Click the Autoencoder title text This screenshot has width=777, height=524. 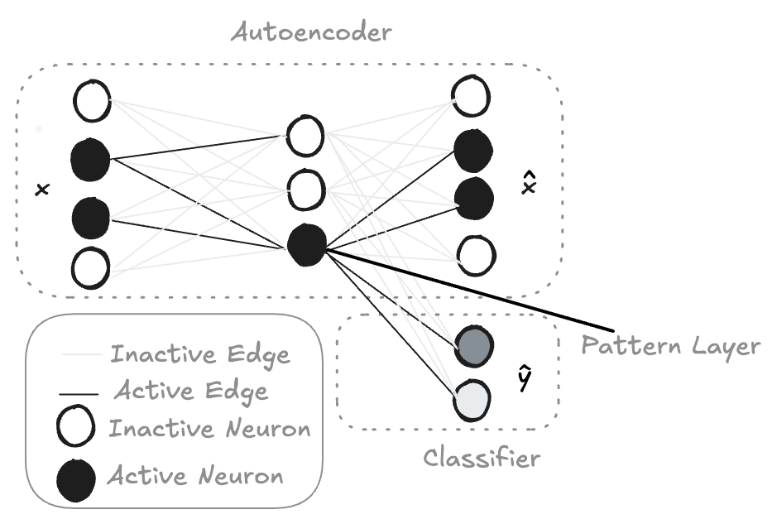pos(311,33)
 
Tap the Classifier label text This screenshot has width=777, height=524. pos(481,457)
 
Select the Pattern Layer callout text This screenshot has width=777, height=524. pos(670,346)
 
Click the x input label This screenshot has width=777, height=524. pos(43,189)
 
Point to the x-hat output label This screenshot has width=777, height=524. pos(530,183)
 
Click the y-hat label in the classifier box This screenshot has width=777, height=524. pos(525,377)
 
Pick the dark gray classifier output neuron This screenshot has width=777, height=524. pos(474,346)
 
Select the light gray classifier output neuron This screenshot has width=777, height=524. pos(472,400)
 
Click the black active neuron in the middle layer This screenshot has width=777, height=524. pos(307,245)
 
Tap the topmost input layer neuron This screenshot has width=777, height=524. pos(92,101)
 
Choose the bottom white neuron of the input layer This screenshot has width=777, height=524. pos(91,267)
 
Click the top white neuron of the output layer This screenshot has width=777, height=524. pos(472,96)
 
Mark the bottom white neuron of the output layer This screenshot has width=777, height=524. pos(476,256)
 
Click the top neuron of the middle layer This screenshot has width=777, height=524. pos(305,136)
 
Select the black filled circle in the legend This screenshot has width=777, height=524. pos(76,480)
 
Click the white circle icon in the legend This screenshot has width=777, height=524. pos(75,425)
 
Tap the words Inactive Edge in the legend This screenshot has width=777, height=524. pos(199,354)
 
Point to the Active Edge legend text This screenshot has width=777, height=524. pos(191,391)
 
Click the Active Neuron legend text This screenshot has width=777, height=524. pos(195,475)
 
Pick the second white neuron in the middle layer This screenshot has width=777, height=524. pos(306,190)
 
